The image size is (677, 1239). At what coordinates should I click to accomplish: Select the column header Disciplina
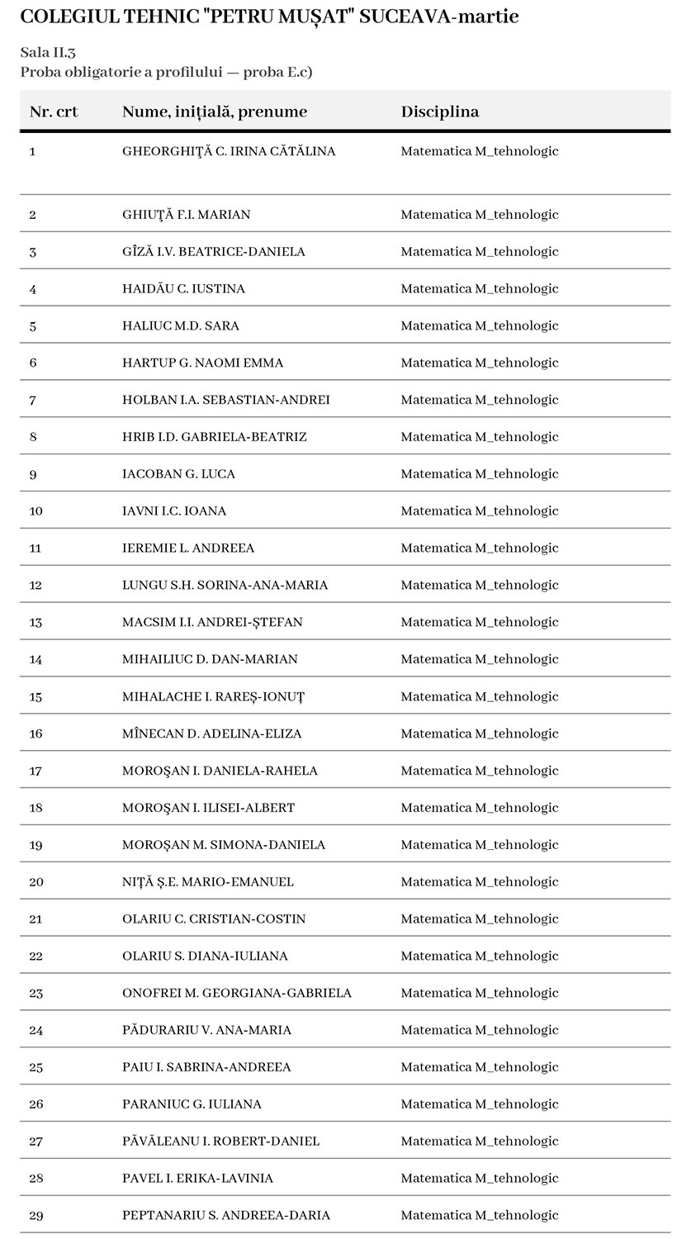pos(439,112)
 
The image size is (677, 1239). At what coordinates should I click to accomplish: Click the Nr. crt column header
pos(54,112)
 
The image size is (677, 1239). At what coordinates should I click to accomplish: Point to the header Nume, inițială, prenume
pos(215,112)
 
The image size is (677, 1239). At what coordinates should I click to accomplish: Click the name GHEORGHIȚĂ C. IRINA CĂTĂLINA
pos(229,151)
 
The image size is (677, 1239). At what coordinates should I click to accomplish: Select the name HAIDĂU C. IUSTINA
pos(183,288)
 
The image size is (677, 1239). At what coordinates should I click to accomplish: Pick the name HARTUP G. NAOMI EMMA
pos(202,363)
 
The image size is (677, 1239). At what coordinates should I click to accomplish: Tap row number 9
pos(33,474)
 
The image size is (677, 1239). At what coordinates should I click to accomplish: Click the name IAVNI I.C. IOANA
pos(174,510)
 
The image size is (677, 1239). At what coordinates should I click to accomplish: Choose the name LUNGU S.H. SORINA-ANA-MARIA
pos(225,585)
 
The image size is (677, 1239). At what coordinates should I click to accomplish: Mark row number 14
pos(36,659)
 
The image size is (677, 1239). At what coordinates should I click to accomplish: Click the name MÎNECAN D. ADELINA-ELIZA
pos(211,733)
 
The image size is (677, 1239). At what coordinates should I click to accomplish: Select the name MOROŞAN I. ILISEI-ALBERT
pos(208,807)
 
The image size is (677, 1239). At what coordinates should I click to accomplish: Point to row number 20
pos(36,881)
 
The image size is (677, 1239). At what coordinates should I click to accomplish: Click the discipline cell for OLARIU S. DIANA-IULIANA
pos(480,956)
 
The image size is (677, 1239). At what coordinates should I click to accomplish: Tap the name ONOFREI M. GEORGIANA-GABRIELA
pos(237,993)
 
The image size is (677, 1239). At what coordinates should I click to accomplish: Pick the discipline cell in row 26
pos(480,1104)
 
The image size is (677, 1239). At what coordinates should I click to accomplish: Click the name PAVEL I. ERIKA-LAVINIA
pos(197,1178)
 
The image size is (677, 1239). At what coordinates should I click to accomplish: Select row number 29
pos(36,1215)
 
